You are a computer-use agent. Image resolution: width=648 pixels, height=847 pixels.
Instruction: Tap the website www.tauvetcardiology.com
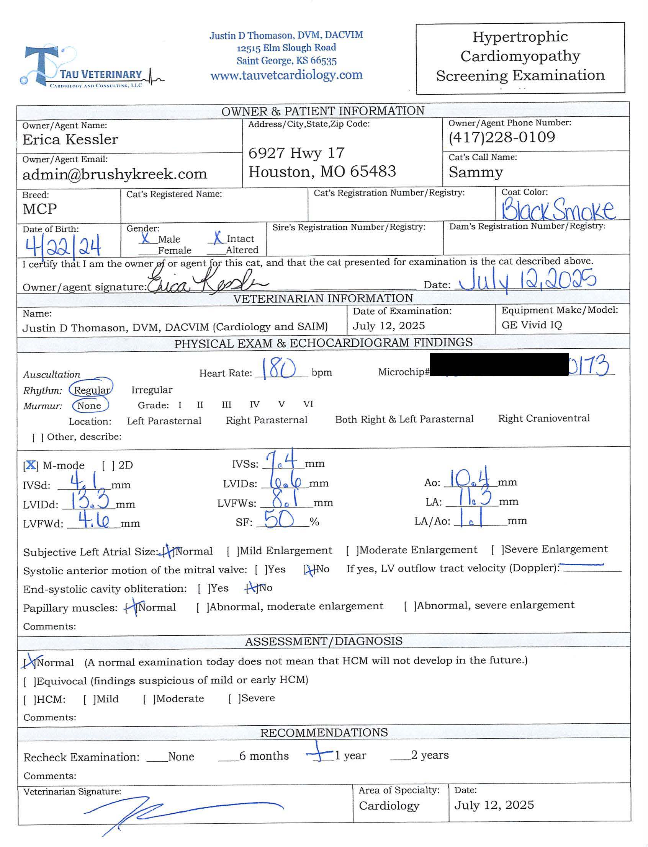pos(286,75)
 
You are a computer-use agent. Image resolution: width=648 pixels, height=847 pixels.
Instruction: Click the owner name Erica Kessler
pos(70,140)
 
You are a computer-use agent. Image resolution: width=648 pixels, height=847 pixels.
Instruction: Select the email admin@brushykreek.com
pos(115,174)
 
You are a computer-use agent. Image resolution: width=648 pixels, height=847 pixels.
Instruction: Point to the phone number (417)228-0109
pos(501,137)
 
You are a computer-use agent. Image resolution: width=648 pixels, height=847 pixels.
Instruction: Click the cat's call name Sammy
pos(476,172)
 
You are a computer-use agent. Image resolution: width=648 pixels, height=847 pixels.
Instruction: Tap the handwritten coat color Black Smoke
pos(558,210)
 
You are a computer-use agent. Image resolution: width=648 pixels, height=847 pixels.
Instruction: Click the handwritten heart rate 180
pos(278,369)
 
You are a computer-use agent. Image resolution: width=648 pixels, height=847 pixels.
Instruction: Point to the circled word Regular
pos(92,390)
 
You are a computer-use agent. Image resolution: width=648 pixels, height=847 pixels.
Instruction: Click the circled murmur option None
pos(90,406)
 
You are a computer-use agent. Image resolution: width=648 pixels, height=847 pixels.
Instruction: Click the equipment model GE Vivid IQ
pos(532,325)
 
